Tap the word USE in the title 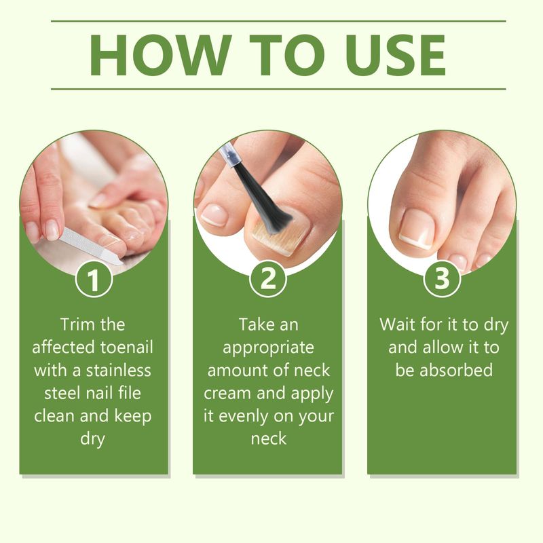395,55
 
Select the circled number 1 94,279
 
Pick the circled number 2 267,279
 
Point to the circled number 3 442,279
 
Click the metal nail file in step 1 91,246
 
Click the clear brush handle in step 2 230,157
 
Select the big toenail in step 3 417,229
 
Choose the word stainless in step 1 118,370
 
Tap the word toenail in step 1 127,348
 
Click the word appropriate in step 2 268,348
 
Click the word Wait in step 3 397,324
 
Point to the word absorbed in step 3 456,370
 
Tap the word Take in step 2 255,324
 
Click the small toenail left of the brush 214,214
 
